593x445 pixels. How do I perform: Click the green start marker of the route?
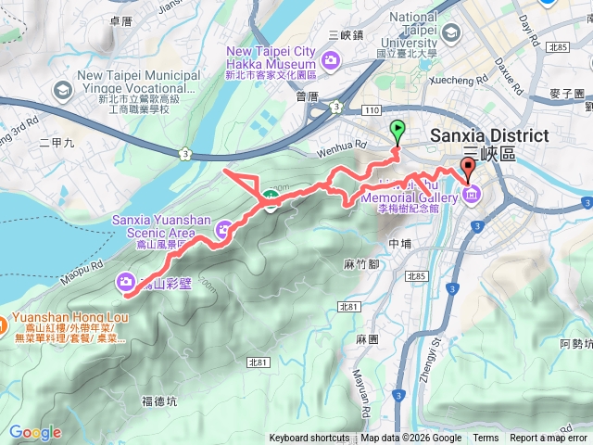tap(398, 130)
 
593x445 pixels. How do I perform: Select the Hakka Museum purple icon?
tap(331, 59)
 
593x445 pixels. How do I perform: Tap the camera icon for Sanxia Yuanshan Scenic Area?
tap(224, 229)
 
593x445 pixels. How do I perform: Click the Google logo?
tap(34, 433)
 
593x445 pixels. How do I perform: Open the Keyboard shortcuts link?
tap(309, 439)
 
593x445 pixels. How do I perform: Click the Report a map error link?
tap(549, 439)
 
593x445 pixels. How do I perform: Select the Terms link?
tap(486, 439)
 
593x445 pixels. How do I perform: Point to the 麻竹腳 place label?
tap(361, 265)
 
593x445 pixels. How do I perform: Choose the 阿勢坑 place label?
tap(576, 344)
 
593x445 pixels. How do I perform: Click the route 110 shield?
tap(386, 110)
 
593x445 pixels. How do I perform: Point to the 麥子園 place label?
tap(566, 95)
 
